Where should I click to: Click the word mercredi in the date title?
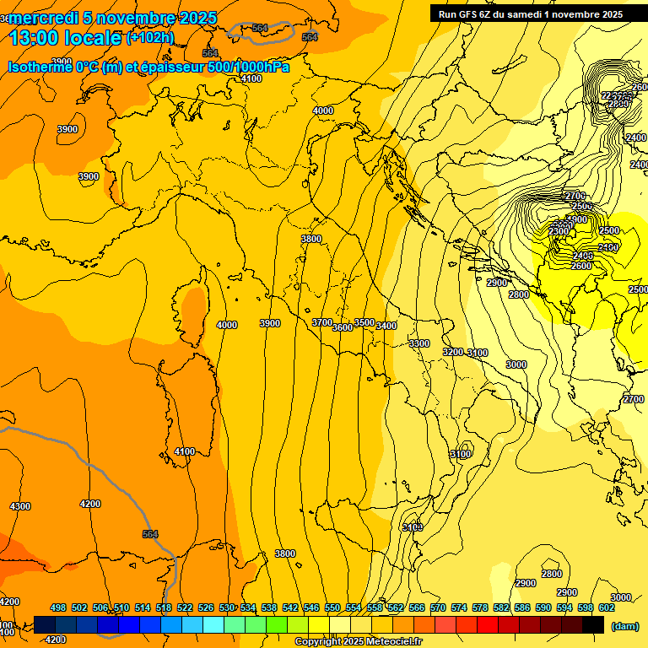point(44,18)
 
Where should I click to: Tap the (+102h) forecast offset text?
point(150,38)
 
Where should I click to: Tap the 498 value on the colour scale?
point(58,607)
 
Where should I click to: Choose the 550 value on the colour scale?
point(332,607)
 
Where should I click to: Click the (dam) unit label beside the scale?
point(624,625)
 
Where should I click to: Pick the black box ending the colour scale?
point(593,624)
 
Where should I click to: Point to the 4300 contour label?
point(19,506)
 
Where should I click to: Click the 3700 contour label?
point(321,322)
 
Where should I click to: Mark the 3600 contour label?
point(343,327)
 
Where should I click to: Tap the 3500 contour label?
point(364,322)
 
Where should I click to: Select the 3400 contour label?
point(386,326)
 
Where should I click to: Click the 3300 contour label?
point(418,343)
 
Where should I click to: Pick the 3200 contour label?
point(453,352)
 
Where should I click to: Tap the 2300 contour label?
point(559,231)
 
